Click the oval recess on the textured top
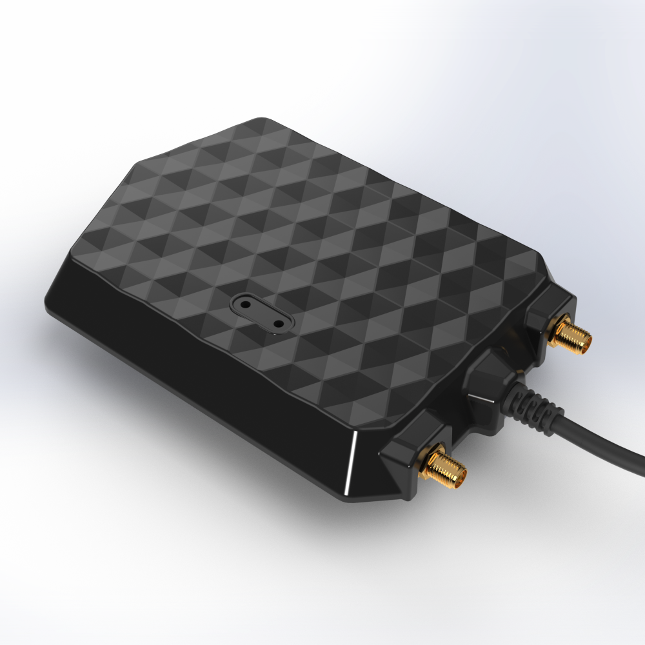coord(262,313)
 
